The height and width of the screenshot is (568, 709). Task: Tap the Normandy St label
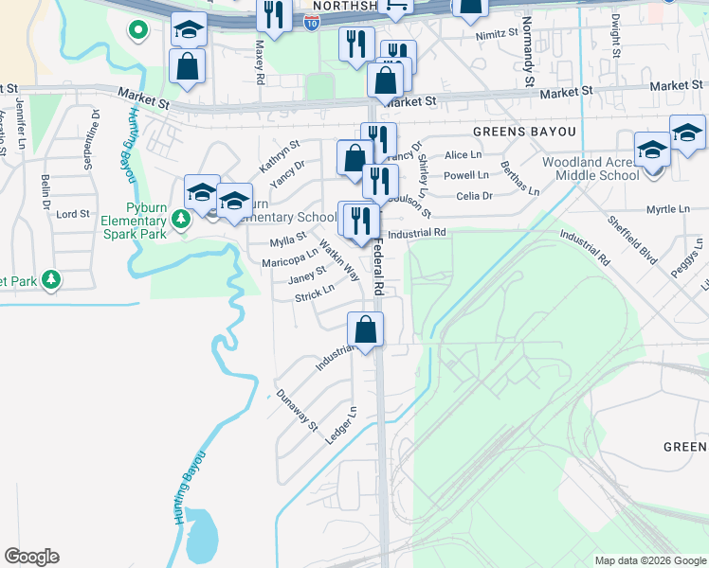click(527, 55)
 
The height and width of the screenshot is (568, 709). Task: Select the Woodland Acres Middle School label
click(591, 169)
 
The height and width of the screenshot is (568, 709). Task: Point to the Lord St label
click(73, 215)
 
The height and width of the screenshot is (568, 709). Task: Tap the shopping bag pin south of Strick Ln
click(365, 330)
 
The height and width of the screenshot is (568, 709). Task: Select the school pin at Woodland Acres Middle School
click(653, 151)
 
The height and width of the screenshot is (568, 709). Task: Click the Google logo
click(31, 557)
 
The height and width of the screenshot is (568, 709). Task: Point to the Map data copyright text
click(649, 560)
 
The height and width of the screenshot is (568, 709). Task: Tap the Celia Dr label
click(474, 196)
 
